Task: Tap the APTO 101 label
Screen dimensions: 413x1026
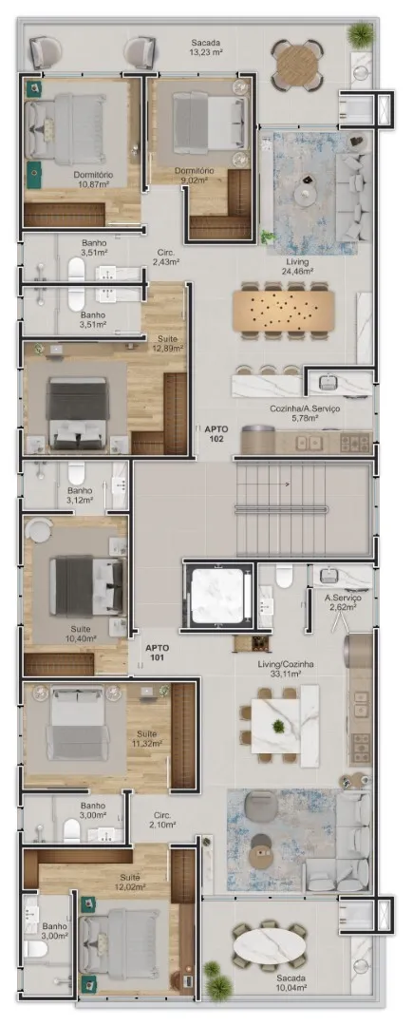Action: click(x=158, y=653)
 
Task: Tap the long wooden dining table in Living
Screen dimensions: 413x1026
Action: click(x=283, y=311)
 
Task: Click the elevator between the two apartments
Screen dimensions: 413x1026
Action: click(x=218, y=595)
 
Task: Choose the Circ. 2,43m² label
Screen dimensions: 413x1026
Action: click(x=166, y=256)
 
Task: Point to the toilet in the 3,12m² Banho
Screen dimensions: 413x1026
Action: click(x=77, y=472)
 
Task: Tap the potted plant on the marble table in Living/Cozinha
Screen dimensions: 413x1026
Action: click(x=279, y=726)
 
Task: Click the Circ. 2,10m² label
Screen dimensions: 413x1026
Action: click(x=162, y=820)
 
